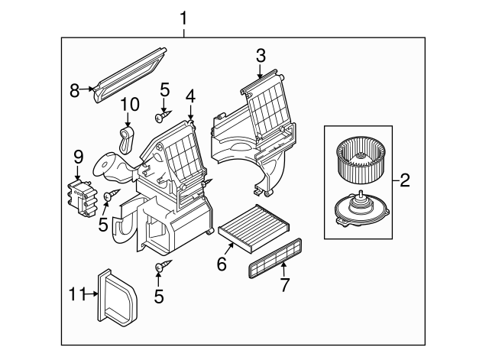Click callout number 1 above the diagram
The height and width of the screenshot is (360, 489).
point(183,16)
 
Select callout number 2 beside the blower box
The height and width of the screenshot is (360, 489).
point(405,181)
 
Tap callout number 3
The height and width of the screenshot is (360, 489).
point(261,54)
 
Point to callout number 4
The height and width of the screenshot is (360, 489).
point(189,96)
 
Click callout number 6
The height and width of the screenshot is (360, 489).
point(222,264)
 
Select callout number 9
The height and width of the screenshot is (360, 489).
point(78,156)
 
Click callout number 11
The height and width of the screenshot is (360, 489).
point(74,293)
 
